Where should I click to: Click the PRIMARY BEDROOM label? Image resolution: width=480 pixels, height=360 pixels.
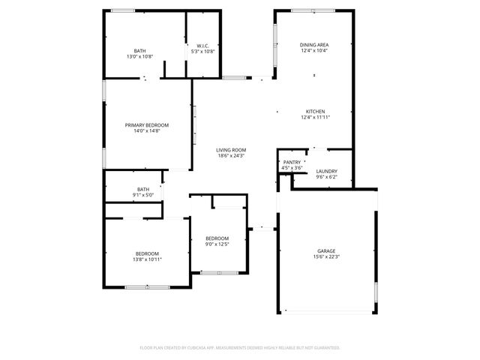click(147, 124)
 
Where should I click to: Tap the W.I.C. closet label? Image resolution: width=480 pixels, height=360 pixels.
click(202, 46)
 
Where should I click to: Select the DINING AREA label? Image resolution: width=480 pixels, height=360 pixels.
click(314, 45)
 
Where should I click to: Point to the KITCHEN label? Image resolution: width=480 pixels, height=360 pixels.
click(315, 112)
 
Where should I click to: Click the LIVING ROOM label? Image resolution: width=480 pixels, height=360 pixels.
click(232, 150)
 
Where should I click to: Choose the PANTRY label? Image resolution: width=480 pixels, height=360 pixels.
click(292, 162)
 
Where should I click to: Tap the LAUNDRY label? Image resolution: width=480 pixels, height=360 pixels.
click(326, 171)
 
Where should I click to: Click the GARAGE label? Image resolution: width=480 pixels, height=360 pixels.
click(326, 250)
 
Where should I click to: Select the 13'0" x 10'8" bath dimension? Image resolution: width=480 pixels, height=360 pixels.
click(140, 57)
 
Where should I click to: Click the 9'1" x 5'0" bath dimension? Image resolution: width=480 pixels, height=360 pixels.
click(143, 195)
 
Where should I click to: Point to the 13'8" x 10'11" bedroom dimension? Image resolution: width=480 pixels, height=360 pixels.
click(148, 259)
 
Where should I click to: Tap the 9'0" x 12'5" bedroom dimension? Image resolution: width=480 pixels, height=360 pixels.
click(217, 244)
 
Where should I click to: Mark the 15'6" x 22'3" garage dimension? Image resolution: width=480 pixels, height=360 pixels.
click(326, 256)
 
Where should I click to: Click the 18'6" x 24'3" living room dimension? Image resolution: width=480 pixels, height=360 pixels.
click(232, 156)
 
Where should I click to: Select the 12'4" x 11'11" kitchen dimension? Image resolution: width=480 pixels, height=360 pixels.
click(316, 118)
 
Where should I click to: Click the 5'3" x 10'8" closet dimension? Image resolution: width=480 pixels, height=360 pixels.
click(202, 52)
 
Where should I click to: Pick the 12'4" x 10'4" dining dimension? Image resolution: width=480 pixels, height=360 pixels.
click(314, 51)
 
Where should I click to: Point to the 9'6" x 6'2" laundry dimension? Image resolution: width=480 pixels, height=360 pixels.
click(326, 177)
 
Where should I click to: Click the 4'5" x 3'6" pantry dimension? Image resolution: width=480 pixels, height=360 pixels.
click(292, 168)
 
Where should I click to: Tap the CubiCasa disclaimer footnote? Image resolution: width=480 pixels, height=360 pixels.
click(240, 348)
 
